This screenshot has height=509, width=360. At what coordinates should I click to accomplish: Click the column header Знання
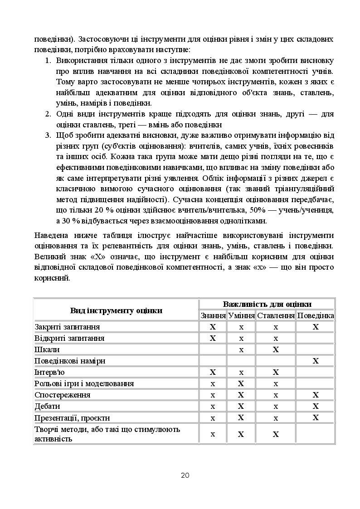point(213,315)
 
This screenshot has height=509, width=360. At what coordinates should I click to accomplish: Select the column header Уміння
point(241,315)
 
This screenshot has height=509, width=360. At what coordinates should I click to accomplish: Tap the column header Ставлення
point(276,315)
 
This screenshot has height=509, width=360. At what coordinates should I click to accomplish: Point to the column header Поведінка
point(316,315)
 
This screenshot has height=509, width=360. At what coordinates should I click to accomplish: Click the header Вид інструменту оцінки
point(116,310)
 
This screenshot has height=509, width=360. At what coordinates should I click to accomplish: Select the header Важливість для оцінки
point(267,304)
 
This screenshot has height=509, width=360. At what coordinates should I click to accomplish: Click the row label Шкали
point(47,349)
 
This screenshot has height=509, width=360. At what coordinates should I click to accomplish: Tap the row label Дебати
point(48,406)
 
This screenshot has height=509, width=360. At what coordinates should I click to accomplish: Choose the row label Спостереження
point(63,395)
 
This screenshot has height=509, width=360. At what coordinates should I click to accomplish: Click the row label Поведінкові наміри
point(70,361)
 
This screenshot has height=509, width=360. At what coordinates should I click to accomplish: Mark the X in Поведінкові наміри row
point(316,361)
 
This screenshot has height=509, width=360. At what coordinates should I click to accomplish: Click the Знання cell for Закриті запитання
point(213,327)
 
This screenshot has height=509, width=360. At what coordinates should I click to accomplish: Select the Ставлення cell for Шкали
point(276,349)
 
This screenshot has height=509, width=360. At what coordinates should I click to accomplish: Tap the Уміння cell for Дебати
point(241,406)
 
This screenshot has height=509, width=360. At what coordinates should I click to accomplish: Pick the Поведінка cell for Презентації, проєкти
point(316,417)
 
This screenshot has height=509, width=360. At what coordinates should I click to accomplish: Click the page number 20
point(185,475)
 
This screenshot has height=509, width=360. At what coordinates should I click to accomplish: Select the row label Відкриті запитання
point(70,338)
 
